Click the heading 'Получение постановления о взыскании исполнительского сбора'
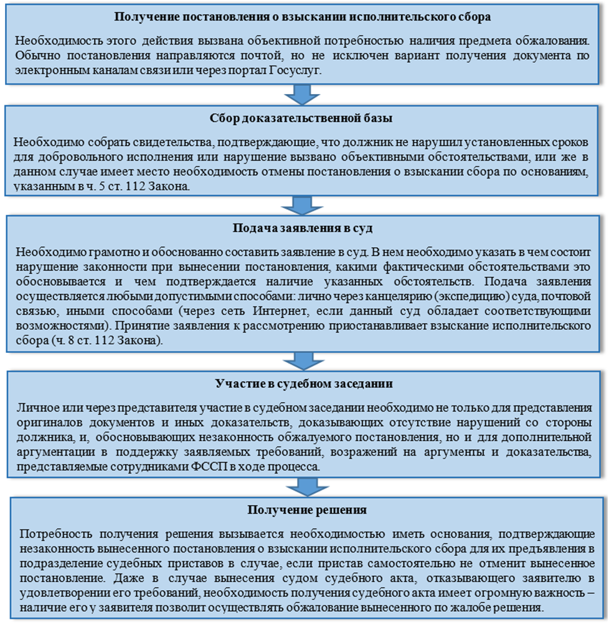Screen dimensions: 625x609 pyautogui.click(x=303, y=17)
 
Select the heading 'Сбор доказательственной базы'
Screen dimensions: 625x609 pyautogui.click(x=303, y=117)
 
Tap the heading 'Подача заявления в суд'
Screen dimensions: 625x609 pyautogui.click(x=303, y=228)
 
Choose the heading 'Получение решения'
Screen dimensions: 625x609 pyautogui.click(x=307, y=510)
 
